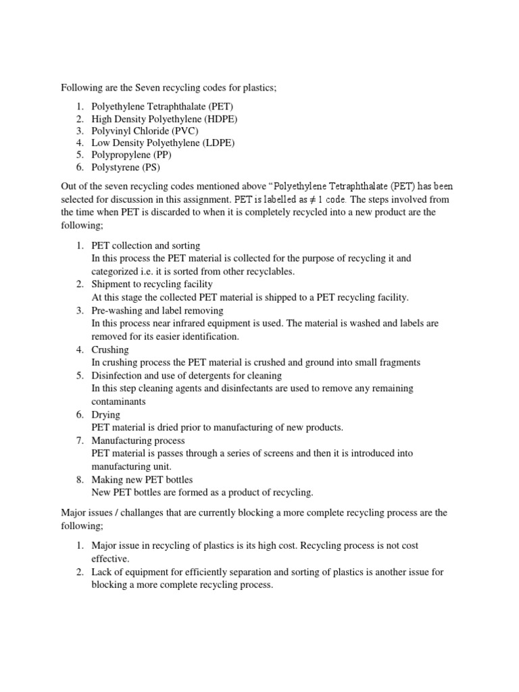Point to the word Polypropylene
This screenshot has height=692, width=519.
point(122,155)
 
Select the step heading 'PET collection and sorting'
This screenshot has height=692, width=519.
point(146,246)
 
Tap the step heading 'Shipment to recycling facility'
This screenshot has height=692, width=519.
point(152,285)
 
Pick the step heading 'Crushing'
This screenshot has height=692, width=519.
point(110,350)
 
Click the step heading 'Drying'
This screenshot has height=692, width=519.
point(106,414)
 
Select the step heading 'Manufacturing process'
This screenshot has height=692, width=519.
point(138,441)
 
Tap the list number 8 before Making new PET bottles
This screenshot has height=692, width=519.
point(79,479)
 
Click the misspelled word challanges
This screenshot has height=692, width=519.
point(147,513)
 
